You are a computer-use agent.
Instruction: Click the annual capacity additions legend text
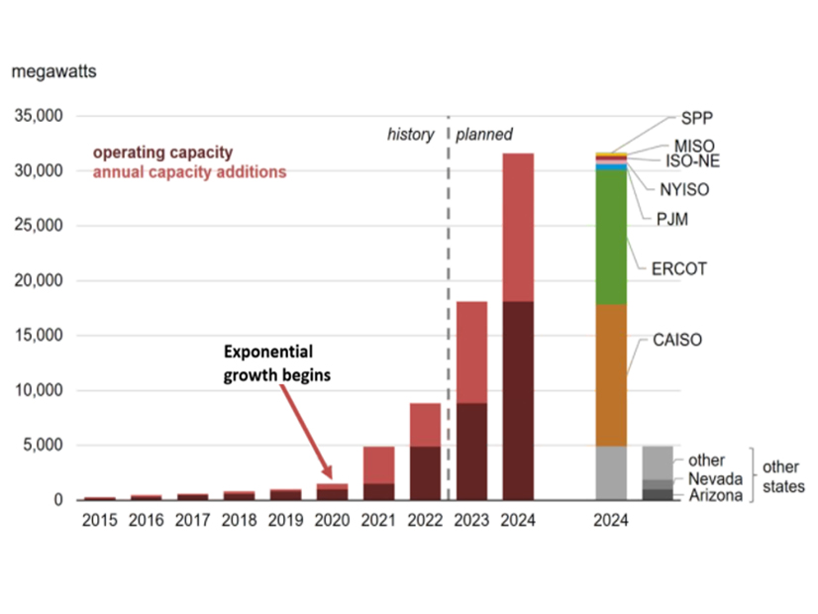pyautogui.click(x=188, y=171)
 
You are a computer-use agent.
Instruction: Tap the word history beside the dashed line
pyautogui.click(x=410, y=135)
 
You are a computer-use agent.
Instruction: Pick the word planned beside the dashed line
pyautogui.click(x=484, y=135)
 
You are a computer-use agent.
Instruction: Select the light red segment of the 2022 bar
pyautogui.click(x=425, y=425)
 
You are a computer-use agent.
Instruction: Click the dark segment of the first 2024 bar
pyautogui.click(x=518, y=401)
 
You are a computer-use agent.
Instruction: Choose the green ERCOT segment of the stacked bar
pyautogui.click(x=611, y=238)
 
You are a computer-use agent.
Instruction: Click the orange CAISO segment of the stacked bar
pyautogui.click(x=611, y=374)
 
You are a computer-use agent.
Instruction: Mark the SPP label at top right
pyautogui.click(x=697, y=116)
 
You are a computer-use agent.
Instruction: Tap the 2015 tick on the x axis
pyautogui.click(x=100, y=520)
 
